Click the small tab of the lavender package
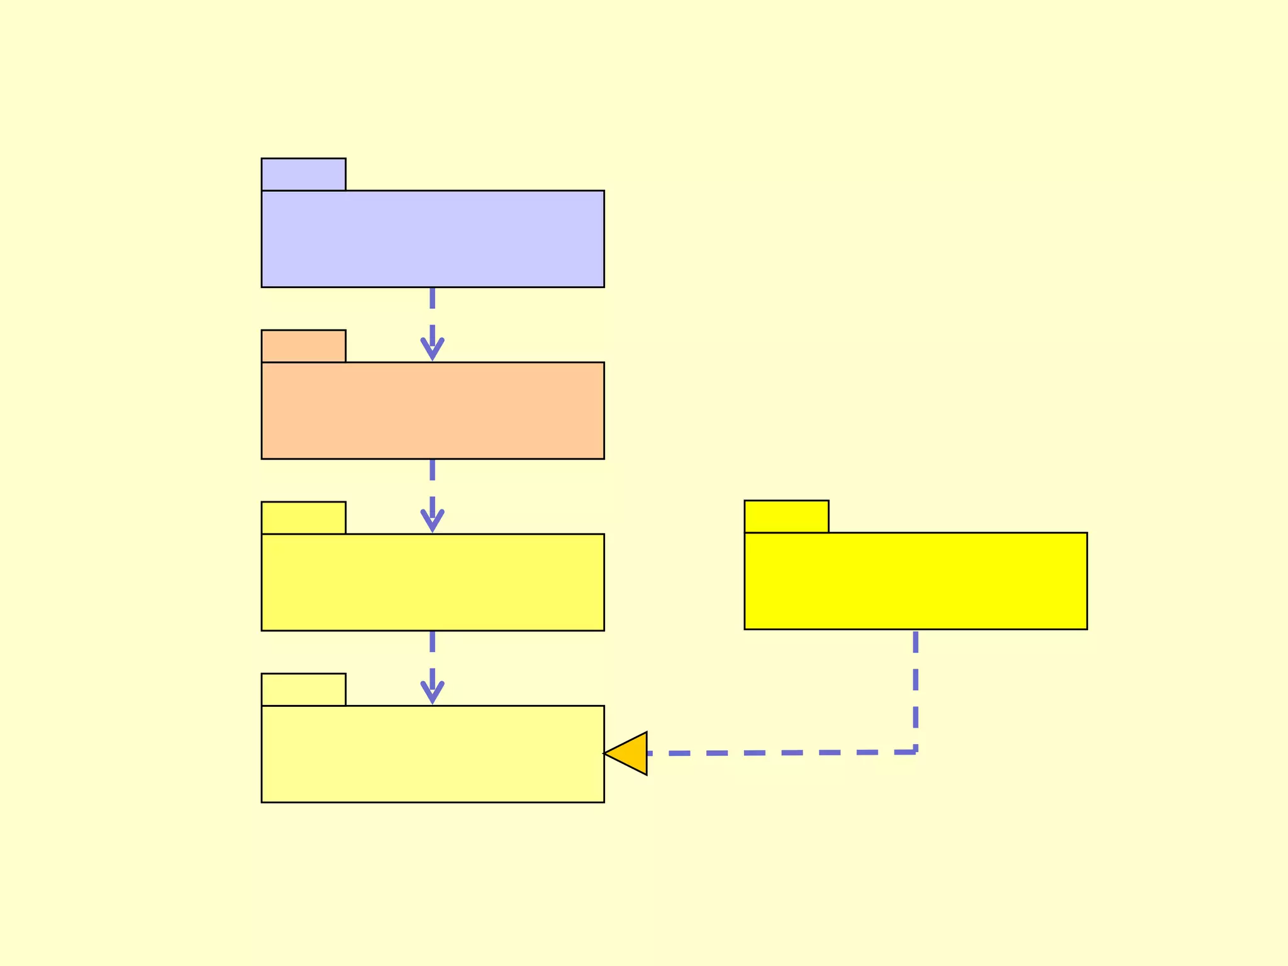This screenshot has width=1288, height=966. tap(303, 174)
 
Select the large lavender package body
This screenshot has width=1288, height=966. tap(433, 239)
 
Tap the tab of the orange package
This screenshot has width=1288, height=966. tap(303, 346)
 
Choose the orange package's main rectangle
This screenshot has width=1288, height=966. tap(433, 411)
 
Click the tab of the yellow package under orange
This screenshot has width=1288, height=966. tap(303, 518)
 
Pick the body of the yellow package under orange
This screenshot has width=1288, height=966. tap(433, 582)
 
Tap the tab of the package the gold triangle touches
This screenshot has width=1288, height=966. tap(303, 689)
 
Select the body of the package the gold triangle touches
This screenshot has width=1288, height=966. tap(433, 754)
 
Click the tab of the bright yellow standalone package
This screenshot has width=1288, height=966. tap(786, 516)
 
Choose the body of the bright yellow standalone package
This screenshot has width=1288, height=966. tap(916, 581)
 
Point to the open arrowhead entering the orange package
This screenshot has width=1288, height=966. tap(433, 350)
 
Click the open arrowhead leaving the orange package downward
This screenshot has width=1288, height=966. tap(433, 521)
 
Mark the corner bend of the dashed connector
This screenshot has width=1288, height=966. tap(915, 752)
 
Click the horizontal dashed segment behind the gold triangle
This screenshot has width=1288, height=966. tap(780, 753)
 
